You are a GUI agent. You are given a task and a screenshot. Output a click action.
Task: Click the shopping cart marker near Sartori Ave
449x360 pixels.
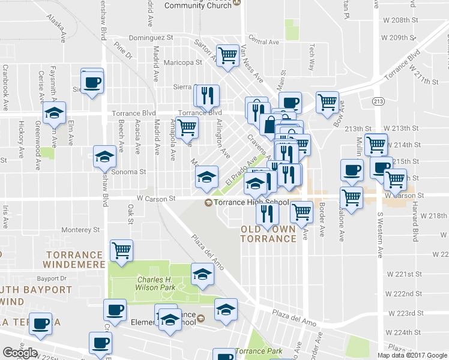coord(228,56)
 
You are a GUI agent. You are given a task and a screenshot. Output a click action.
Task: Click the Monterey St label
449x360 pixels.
coord(80,229)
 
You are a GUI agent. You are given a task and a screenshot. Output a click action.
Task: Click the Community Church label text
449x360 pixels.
coord(197,5)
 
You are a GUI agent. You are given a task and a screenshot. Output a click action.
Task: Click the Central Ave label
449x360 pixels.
coord(264,42)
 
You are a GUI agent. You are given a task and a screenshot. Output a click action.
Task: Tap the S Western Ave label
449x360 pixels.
coord(380,235)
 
